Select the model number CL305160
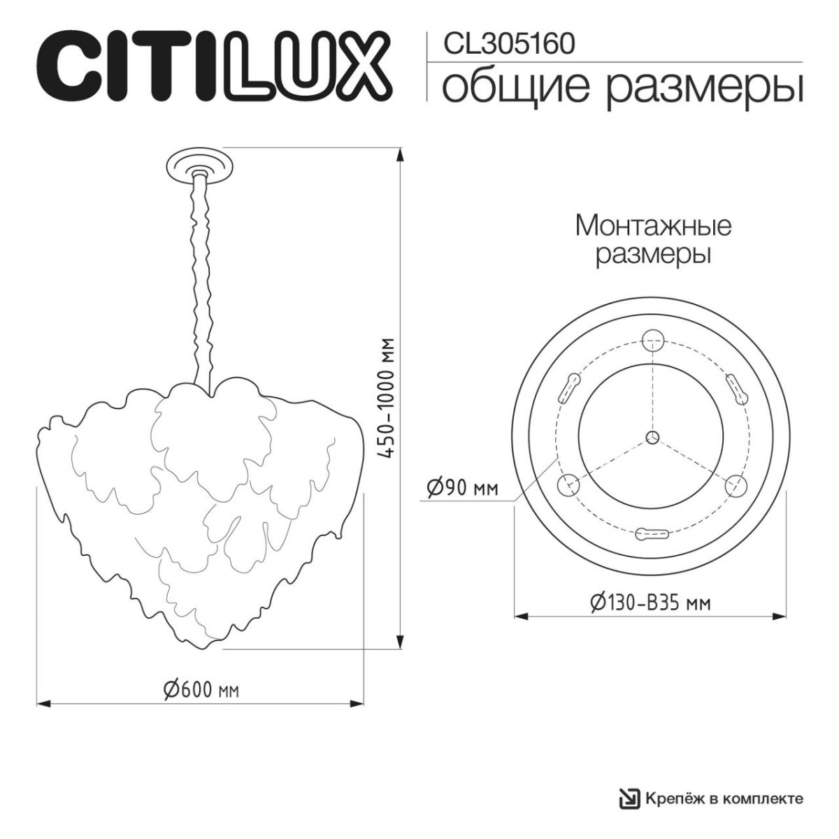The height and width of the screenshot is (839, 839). (510, 43)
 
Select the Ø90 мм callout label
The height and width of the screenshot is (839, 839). (461, 488)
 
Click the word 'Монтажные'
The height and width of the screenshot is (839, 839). (652, 226)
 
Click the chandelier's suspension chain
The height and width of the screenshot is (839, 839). (201, 280)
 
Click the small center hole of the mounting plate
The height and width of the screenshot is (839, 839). (652, 437)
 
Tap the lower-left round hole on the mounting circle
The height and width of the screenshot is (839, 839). (566, 485)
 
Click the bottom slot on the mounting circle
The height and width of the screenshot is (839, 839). (652, 535)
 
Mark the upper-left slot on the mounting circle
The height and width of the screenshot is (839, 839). (568, 387)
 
